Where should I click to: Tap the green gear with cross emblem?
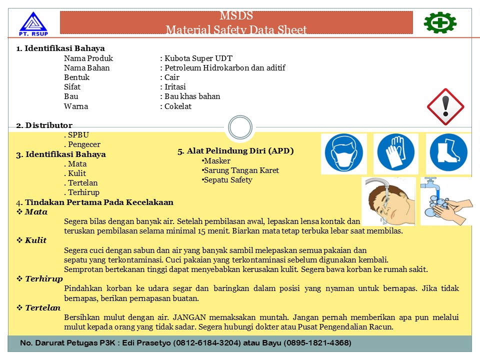click(440, 22)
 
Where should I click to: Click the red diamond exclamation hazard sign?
click(445, 106)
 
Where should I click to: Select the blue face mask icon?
click(344, 153)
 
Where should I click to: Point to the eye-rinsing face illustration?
click(388, 201)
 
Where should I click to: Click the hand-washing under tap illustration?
click(446, 201)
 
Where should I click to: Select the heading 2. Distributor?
click(44, 125)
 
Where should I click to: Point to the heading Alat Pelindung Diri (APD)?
click(235, 150)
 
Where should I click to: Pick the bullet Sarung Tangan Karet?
click(241, 170)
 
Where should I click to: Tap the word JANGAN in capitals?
click(190, 317)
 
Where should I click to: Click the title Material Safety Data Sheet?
click(236, 30)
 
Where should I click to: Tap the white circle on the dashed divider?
click(239, 127)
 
